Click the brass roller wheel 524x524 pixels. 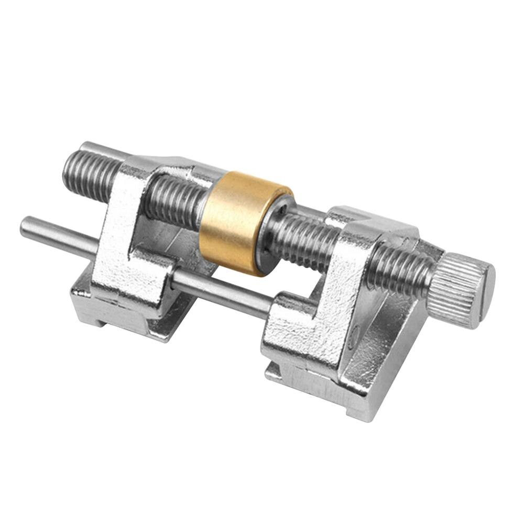coord(238,220)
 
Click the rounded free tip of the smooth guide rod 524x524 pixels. coord(24,227)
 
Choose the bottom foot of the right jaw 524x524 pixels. coord(314,388)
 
